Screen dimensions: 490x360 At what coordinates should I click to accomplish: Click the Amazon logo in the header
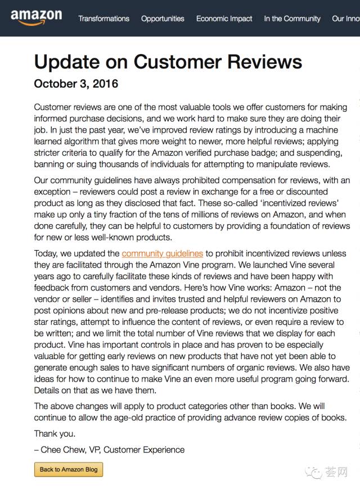point(36,17)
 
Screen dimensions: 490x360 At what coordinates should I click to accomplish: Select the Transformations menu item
point(103,19)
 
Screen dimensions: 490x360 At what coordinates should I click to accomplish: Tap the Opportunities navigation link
point(163,19)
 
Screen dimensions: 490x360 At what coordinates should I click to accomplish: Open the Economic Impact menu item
point(224,19)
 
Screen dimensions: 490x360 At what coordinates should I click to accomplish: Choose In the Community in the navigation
point(292,19)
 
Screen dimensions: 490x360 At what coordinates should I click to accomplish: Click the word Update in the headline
point(67,61)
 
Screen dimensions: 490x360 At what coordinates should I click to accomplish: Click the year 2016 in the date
point(103,84)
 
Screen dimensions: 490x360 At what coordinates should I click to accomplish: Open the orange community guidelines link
point(162,254)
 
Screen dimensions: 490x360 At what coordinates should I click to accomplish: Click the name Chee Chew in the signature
point(62,450)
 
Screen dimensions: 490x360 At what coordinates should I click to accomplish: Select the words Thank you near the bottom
point(55,434)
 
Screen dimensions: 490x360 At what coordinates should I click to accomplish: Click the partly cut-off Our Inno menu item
point(346,19)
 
